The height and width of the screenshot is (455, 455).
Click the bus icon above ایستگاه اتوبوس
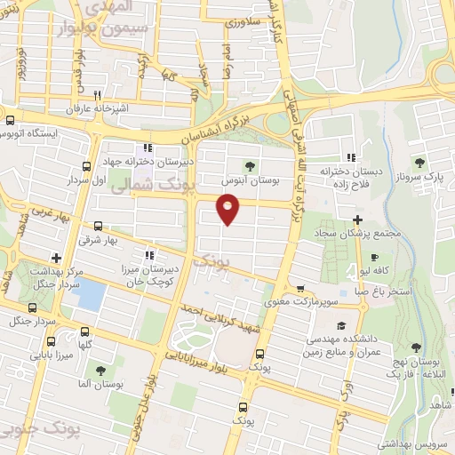pyautogui.click(x=10, y=120)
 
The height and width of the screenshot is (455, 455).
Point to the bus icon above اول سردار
pyautogui.click(x=86, y=166)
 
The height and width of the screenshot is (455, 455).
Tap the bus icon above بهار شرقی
pyautogui.click(x=97, y=227)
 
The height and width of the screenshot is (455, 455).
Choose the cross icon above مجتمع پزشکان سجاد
pyautogui.click(x=357, y=220)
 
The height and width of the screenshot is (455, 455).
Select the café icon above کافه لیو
pyautogui.click(x=374, y=257)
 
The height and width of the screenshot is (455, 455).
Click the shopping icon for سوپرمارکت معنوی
pyautogui.click(x=302, y=290)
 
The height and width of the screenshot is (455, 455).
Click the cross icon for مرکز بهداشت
pyautogui.click(x=56, y=258)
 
